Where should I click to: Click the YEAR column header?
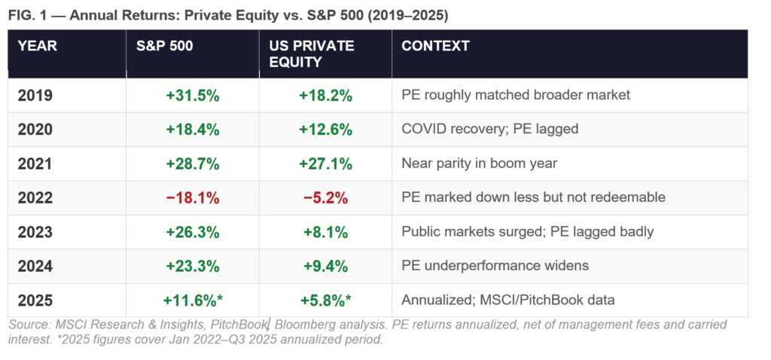click(x=38, y=46)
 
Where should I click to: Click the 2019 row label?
click(x=35, y=96)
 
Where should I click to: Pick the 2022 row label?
click(x=35, y=198)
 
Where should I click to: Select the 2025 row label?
click(x=35, y=301)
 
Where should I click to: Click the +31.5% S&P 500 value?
click(x=193, y=96)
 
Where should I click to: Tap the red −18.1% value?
click(x=193, y=198)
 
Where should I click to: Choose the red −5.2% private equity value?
click(x=325, y=198)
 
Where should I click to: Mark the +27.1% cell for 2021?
click(x=325, y=163)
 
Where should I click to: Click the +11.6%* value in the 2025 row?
click(x=193, y=301)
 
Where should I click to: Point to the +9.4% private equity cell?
click(x=325, y=266)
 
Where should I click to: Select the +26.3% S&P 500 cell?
click(x=193, y=232)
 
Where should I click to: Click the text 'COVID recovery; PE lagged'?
click(x=490, y=130)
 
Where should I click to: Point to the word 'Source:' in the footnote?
click(x=29, y=325)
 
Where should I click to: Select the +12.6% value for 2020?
click(x=325, y=130)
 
